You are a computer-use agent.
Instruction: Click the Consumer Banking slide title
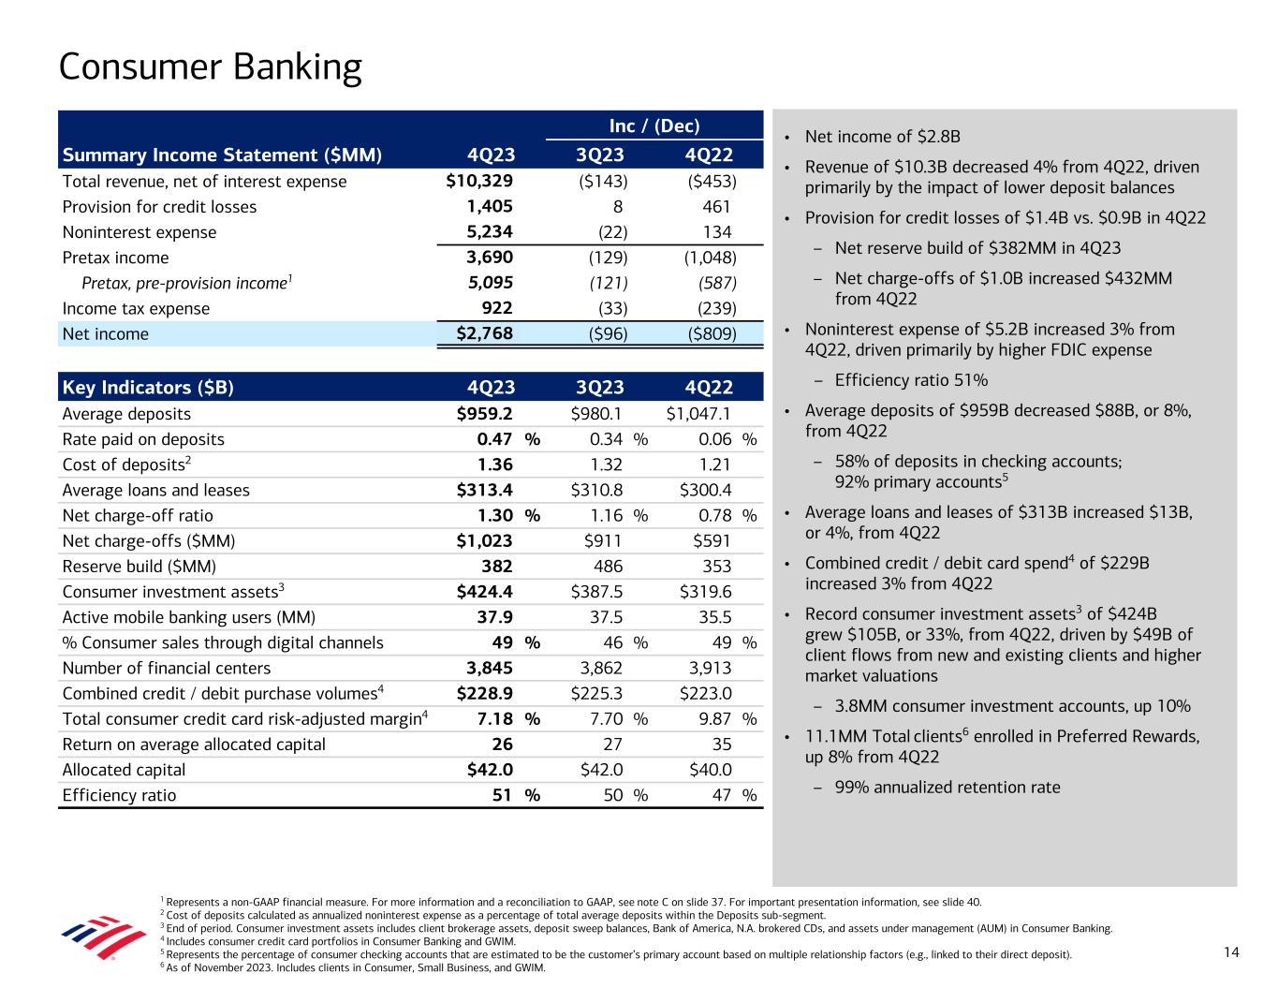(210, 67)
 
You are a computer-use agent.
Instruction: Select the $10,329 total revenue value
(479, 182)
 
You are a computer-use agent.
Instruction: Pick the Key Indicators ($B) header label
(148, 388)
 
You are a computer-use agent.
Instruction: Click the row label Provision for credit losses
(159, 207)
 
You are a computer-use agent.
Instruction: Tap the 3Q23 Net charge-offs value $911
(602, 541)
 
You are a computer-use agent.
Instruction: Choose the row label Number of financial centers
(167, 668)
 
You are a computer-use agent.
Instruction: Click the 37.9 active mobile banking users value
(493, 617)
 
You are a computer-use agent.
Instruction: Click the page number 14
(1230, 952)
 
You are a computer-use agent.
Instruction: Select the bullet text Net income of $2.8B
(883, 137)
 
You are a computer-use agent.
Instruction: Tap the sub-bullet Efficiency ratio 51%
(911, 380)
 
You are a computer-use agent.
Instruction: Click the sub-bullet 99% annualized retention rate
(947, 787)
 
